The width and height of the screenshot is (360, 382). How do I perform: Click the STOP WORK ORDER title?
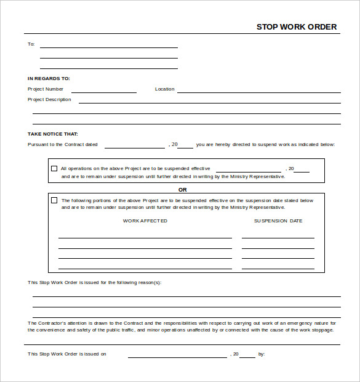pos(297,26)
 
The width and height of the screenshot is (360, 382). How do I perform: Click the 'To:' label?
pos(31,44)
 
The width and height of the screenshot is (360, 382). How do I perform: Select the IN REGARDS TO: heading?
pos(49,78)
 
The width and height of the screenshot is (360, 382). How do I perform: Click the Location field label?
pos(164,89)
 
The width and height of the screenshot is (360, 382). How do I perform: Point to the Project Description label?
pos(49,100)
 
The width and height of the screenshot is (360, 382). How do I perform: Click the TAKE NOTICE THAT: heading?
pos(52,134)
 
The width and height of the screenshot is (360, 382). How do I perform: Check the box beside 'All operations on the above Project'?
pos(54,168)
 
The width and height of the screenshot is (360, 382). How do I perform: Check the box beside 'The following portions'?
pos(54,200)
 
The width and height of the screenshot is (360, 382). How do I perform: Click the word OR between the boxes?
pos(182,190)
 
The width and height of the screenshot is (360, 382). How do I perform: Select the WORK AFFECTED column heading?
pos(145,221)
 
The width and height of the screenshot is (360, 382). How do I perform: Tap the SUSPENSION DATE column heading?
pos(278,221)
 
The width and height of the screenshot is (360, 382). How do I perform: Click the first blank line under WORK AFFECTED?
pos(145,237)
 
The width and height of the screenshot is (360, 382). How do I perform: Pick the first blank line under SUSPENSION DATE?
pos(278,237)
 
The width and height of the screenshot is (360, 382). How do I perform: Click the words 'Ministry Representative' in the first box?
pos(257,177)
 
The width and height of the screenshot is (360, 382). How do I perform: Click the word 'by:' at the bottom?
pos(262,354)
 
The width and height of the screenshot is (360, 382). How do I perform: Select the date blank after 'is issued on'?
pos(177,356)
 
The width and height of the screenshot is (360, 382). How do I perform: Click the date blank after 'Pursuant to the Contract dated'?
pos(134,147)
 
